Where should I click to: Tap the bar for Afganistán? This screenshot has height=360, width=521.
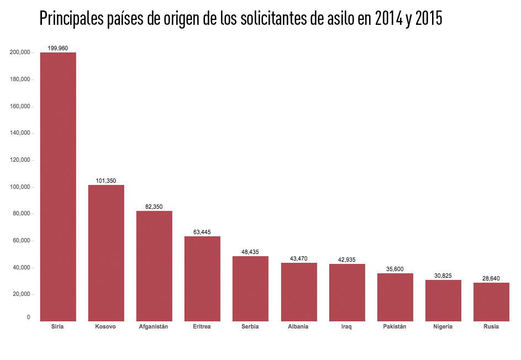[154, 266]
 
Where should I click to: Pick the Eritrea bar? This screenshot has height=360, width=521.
[202, 278]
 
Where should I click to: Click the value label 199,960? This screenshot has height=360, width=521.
[58, 48]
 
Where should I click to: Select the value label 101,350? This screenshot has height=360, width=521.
[106, 181]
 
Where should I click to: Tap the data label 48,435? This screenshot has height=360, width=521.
[250, 252]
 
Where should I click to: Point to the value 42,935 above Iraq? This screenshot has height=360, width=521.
[347, 260]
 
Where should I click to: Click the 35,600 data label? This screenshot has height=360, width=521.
[395, 269]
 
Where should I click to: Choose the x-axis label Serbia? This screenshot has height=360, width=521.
[250, 327]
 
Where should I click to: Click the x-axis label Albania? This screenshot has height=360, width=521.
[298, 327]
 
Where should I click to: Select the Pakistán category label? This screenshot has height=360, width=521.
[394, 327]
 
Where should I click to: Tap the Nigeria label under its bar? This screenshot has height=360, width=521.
[443, 327]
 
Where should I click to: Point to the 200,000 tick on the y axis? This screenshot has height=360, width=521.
[20, 52]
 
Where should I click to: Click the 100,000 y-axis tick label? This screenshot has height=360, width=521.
[20, 187]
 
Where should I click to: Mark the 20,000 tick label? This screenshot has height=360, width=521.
[21, 294]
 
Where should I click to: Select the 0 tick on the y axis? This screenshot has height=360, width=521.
[28, 317]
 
